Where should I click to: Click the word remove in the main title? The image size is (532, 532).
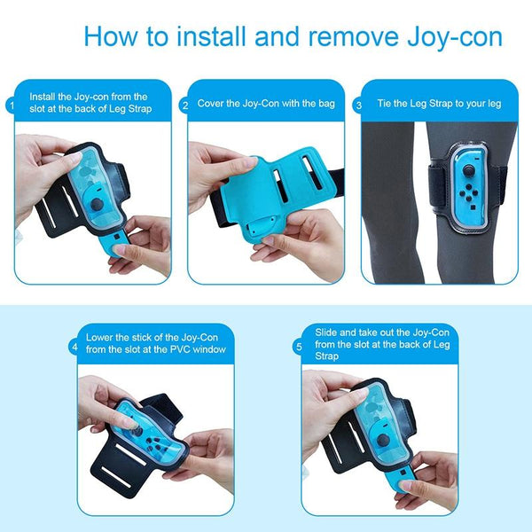point(332,37)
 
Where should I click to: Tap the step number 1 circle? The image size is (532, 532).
point(12,106)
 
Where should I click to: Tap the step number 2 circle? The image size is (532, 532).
point(184,106)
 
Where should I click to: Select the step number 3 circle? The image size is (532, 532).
point(358,106)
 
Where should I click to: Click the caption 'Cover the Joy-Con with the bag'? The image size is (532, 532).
point(265,104)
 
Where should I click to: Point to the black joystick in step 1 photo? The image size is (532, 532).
point(95,204)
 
